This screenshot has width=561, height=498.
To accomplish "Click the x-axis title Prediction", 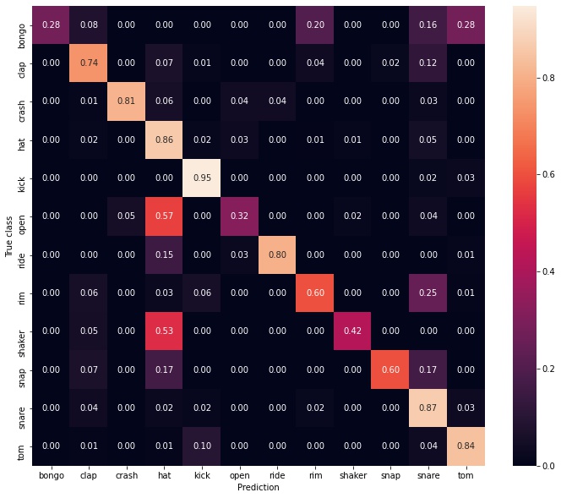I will (258, 488).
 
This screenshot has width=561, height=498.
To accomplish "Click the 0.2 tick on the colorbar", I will (542, 369).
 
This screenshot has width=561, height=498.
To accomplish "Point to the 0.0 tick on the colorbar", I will (542, 466).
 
